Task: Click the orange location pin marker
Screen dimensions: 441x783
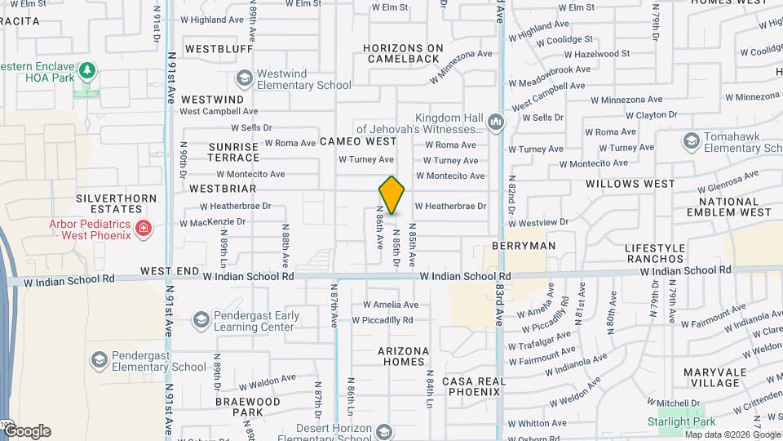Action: (x=391, y=195)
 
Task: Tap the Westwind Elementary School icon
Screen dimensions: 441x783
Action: (x=243, y=78)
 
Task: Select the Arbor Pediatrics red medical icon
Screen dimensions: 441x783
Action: (x=144, y=228)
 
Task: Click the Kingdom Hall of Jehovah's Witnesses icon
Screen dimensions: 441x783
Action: (x=495, y=122)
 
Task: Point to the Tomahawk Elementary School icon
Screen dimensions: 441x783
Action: (x=691, y=141)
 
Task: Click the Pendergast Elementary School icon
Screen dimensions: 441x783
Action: (x=99, y=360)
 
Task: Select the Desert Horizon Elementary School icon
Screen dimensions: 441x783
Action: (x=383, y=431)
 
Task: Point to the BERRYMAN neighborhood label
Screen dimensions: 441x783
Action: (x=524, y=245)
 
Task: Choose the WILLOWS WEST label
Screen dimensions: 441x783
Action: (x=630, y=184)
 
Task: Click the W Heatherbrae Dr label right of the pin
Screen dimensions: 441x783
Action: (x=450, y=207)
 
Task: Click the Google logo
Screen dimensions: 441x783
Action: (x=26, y=431)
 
